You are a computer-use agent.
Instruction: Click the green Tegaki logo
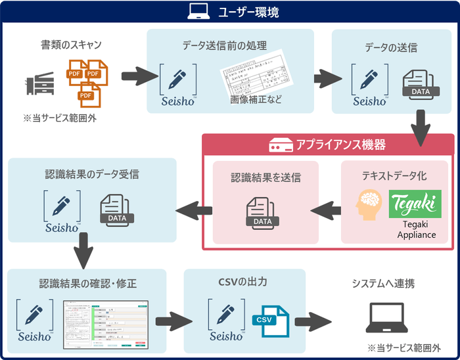tap(415, 204)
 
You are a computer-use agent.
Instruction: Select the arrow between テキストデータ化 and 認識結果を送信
tap(327, 210)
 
